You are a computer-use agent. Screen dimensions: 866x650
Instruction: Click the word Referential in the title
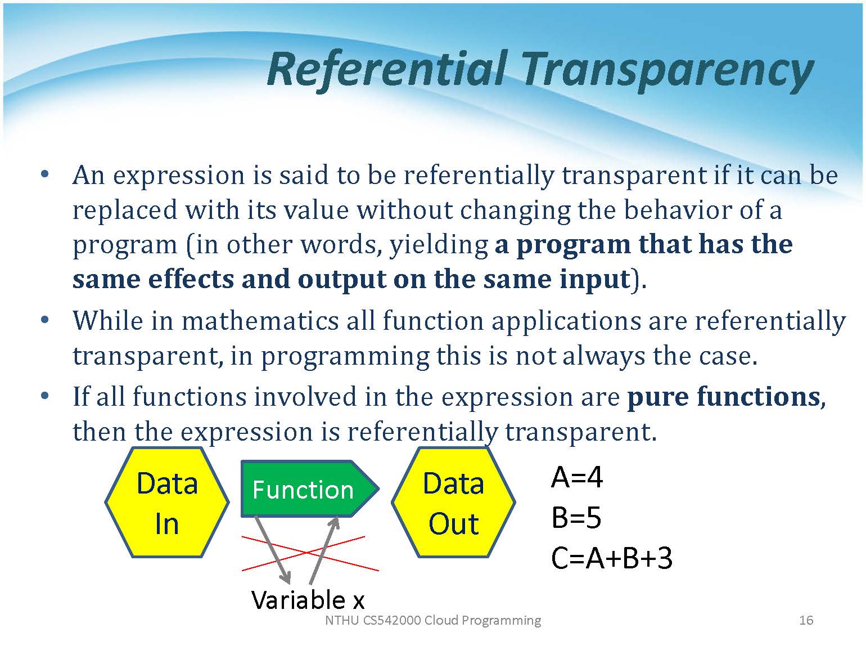click(386, 71)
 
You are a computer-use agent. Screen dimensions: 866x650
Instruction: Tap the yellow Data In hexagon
click(167, 502)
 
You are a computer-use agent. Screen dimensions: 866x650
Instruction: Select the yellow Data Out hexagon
click(453, 502)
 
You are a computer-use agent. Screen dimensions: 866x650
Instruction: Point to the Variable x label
click(308, 600)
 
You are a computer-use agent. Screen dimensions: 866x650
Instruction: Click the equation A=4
click(576, 478)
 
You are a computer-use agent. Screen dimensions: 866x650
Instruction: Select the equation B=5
click(576, 518)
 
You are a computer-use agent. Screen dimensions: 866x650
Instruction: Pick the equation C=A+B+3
click(611, 558)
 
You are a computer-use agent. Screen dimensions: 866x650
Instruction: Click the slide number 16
click(806, 620)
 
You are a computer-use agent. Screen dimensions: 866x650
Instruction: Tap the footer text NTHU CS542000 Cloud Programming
click(433, 621)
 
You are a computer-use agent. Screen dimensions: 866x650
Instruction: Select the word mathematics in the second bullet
click(260, 320)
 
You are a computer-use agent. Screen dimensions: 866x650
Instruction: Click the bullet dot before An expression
click(44, 174)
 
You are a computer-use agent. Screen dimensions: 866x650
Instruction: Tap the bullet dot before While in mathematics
click(44, 319)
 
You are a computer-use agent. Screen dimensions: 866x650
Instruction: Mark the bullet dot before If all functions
click(44, 395)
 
